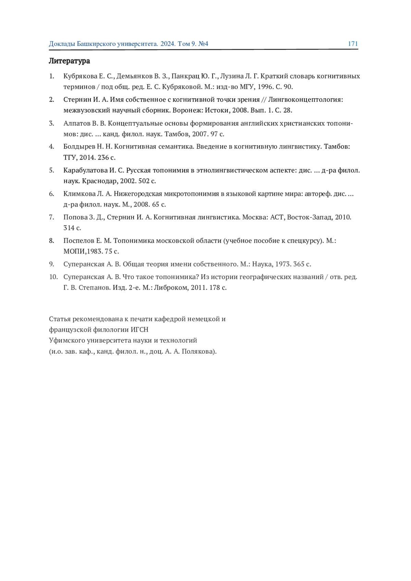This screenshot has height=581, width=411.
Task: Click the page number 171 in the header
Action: pos(353,44)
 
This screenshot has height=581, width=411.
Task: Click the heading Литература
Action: pos(69,61)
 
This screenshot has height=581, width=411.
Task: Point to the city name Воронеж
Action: pos(187,110)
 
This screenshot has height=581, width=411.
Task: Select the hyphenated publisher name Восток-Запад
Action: pos(310,217)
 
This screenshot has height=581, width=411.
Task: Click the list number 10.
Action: pos(53,277)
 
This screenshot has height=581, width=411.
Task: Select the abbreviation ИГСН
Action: pos(139,330)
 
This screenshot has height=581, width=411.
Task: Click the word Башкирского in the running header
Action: pos(96,44)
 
